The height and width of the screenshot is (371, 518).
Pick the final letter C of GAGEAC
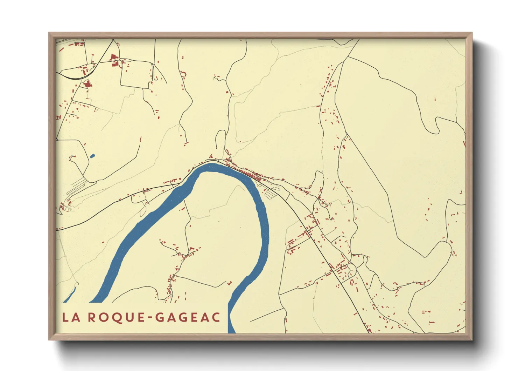click(x=216, y=317)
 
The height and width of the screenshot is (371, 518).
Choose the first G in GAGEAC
click(x=160, y=317)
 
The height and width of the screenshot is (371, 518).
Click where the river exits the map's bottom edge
click(x=232, y=331)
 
